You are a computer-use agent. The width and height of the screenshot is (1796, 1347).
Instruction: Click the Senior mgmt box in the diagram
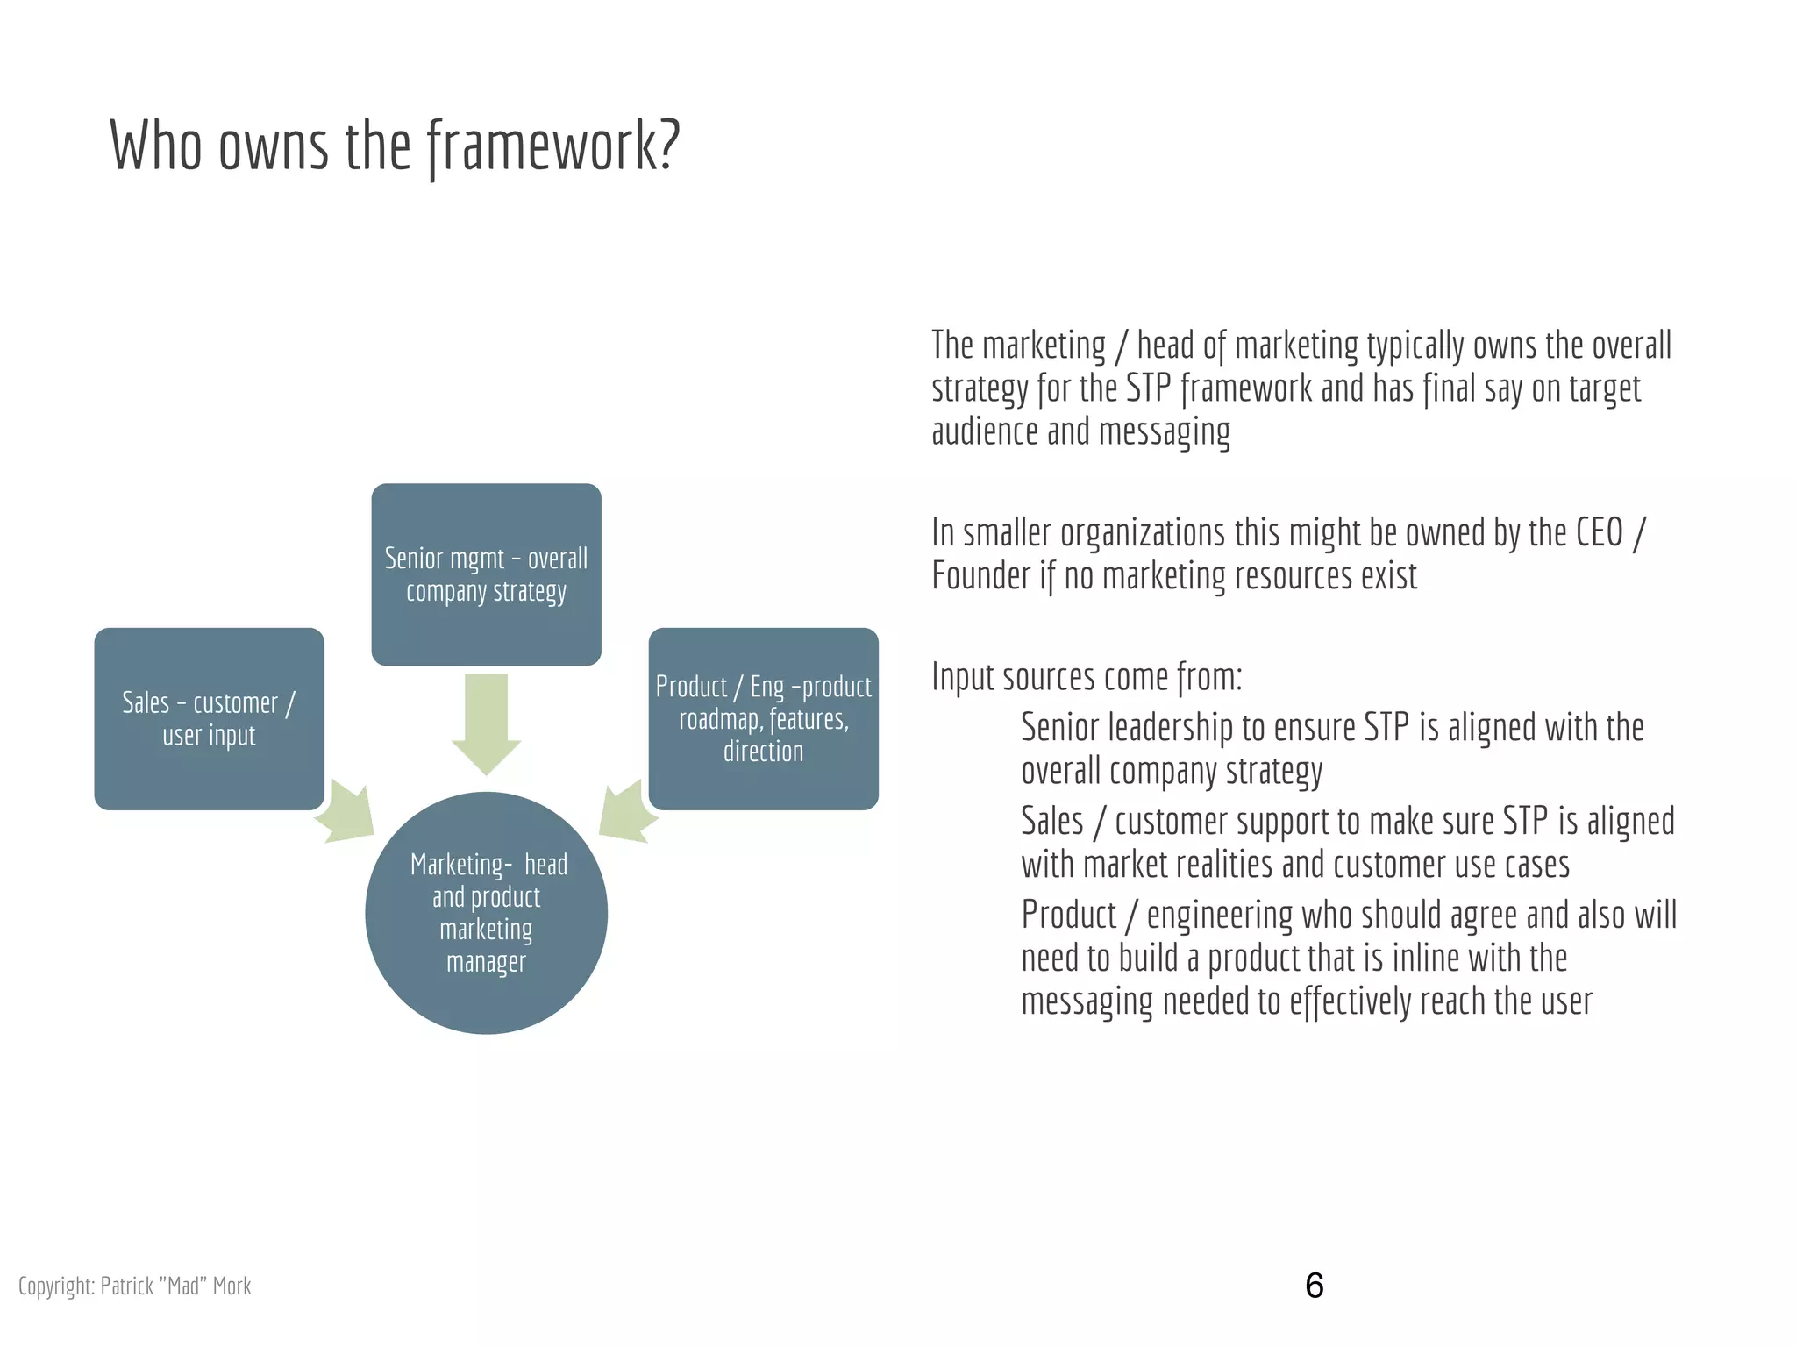point(486,574)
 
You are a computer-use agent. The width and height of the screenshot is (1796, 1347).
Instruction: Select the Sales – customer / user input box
point(209,718)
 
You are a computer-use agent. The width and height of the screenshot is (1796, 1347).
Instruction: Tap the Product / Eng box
point(763,718)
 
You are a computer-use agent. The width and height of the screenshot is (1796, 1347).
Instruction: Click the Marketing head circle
point(486,912)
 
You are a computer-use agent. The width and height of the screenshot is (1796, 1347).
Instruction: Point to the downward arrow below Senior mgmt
point(486,723)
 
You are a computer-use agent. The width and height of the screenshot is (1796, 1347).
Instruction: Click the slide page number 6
point(1314,1286)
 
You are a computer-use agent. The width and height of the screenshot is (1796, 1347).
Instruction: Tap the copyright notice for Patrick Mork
point(135,1286)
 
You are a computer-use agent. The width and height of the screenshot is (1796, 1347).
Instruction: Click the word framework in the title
point(553,146)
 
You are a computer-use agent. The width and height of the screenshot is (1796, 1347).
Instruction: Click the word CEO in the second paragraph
point(1600,533)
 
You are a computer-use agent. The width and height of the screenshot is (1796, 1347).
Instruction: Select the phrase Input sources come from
point(1087,677)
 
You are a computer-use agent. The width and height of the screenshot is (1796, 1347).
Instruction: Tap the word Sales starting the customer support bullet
point(1052,822)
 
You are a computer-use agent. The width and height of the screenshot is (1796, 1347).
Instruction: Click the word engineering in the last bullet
point(1219,916)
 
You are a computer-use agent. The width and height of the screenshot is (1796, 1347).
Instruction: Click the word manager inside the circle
point(486,962)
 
